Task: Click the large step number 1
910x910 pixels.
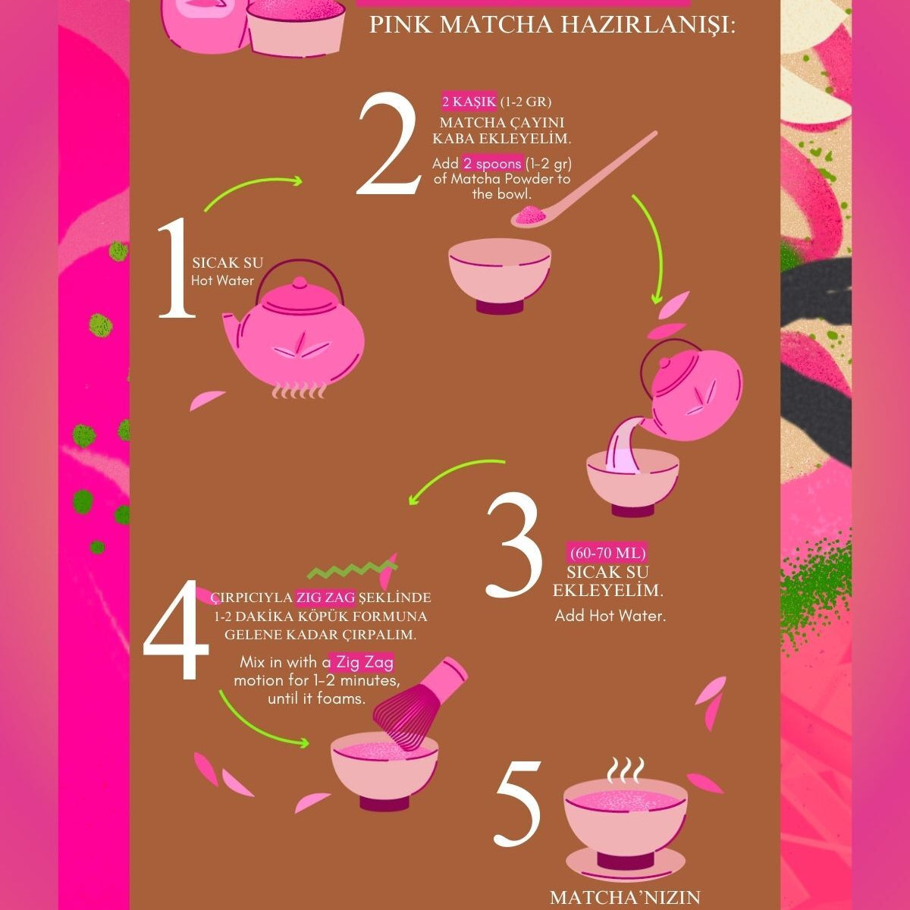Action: [x=177, y=268]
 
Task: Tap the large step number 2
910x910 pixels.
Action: [x=388, y=143]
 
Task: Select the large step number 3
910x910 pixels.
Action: [x=514, y=544]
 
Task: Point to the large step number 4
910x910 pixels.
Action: [x=176, y=629]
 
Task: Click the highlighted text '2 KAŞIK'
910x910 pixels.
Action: [x=469, y=102]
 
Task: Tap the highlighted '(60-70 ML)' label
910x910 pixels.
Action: [x=607, y=553]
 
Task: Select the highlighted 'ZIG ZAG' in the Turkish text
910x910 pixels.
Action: [x=325, y=598]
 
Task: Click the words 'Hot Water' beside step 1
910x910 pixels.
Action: [x=222, y=281]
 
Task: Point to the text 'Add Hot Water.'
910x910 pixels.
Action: [x=610, y=615]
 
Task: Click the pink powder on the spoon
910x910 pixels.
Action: [x=530, y=215]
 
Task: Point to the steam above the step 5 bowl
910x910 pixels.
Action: [x=625, y=770]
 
